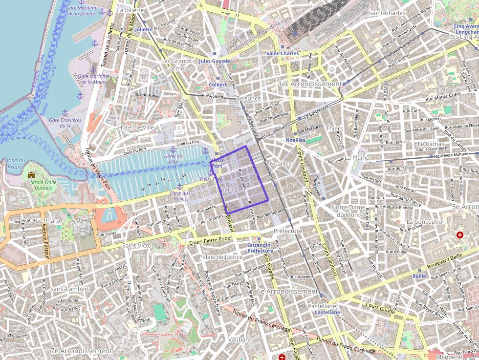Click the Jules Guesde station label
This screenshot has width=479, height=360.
(x=214, y=61)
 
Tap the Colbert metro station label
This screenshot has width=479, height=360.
(x=218, y=85)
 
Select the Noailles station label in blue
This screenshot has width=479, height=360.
(x=295, y=140)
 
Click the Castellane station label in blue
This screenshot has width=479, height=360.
(x=327, y=312)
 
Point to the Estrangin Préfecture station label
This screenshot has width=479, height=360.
(x=260, y=248)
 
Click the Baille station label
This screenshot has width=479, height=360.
(x=419, y=276)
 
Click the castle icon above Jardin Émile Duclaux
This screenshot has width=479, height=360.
(x=32, y=174)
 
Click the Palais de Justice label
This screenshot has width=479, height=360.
(x=220, y=256)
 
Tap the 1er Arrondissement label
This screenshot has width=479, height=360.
(x=309, y=84)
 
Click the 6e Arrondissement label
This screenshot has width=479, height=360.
(x=287, y=291)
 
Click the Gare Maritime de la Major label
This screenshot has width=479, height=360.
(x=93, y=79)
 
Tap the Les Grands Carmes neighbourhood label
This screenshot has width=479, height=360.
(x=176, y=65)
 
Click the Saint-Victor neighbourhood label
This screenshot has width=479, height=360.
(x=138, y=245)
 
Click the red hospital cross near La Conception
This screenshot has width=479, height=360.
(x=459, y=235)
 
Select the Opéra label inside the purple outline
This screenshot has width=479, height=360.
(x=224, y=190)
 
